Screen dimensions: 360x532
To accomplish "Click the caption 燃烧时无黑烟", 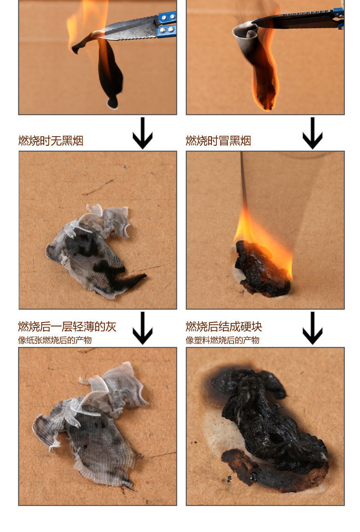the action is pos(51,140).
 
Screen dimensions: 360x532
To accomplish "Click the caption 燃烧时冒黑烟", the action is pos(218,140).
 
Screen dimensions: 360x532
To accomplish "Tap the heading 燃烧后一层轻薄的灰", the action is pos(67,327).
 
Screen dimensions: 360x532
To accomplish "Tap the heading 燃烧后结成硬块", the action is pos(224,327).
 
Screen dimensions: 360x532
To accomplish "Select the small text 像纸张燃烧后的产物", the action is pos(55,340).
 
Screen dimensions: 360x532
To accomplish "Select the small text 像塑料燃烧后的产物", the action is pos(222,340).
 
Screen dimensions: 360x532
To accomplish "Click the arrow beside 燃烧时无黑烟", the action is pos(143,133).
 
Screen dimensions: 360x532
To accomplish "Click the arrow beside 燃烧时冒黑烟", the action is pos(312,133).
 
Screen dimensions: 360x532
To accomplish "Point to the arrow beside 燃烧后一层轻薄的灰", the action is pos(143,328).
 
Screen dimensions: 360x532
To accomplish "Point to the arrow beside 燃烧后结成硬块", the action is pos(312,328).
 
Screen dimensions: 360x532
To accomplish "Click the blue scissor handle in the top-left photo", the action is pos(167,25).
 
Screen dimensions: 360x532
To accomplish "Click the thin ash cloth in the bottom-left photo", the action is pos(90,424).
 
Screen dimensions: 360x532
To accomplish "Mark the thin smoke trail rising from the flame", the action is pos(243,180).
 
